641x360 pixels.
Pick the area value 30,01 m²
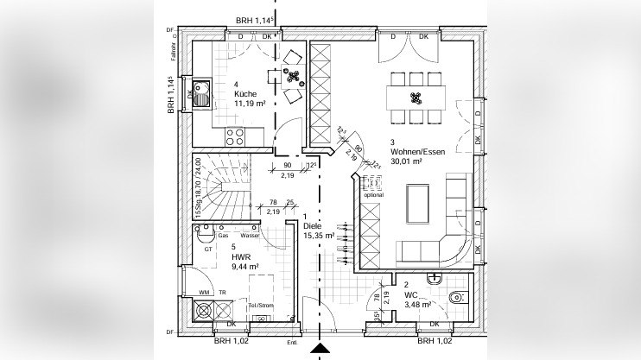pyautogui.click(x=406, y=161)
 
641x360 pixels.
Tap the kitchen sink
pyautogui.click(x=201, y=93)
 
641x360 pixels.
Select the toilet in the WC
pyautogui.click(x=459, y=299)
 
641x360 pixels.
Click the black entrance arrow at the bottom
pyautogui.click(x=320, y=350)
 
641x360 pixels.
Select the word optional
pyautogui.click(x=373, y=195)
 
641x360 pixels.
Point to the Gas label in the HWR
pyautogui.click(x=223, y=235)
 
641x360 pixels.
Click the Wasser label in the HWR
pyautogui.click(x=251, y=235)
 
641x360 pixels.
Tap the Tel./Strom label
pyautogui.click(x=259, y=305)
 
